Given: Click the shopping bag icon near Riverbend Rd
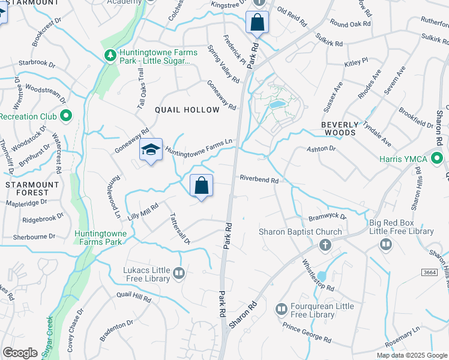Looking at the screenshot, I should click(x=201, y=185).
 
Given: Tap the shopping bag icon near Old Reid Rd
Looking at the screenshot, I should click(x=257, y=23).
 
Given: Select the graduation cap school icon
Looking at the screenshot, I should click(x=150, y=151).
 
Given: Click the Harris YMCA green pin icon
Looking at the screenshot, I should click(x=438, y=159).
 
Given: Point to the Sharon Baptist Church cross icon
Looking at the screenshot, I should click(x=325, y=245).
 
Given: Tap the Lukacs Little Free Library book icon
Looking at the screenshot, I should click(x=178, y=274).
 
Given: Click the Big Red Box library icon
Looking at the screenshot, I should click(x=385, y=244).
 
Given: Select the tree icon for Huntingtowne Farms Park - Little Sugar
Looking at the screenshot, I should click(x=110, y=55).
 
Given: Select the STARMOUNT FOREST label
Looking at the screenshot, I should click(x=26, y=188).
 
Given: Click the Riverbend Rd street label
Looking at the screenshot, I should click(x=259, y=179).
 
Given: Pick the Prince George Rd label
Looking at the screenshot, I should click(x=307, y=333).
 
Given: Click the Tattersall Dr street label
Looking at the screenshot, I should click(x=179, y=229).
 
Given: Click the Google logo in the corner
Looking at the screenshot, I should click(x=20, y=353).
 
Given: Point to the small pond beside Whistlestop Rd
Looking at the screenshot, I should click(x=322, y=276).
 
